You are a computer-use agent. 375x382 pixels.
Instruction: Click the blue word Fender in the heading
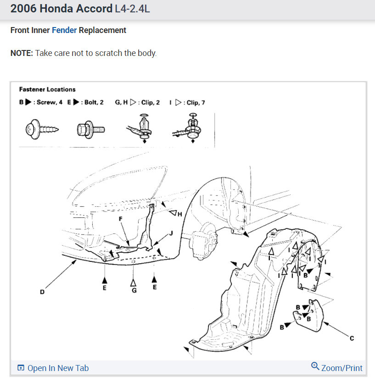(x=64, y=31)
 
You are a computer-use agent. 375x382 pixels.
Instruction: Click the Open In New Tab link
(x=53, y=368)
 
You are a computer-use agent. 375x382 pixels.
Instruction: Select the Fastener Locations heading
(x=47, y=89)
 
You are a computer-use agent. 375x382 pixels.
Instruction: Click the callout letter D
(x=42, y=292)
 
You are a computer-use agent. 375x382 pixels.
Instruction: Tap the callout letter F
(x=121, y=219)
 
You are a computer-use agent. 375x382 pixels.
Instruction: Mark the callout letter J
(x=171, y=233)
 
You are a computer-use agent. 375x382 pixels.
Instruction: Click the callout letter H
(x=180, y=214)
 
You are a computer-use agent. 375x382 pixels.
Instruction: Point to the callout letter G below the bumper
(x=134, y=290)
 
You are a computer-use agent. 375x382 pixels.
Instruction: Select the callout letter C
(x=352, y=338)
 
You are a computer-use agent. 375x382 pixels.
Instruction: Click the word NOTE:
(x=22, y=53)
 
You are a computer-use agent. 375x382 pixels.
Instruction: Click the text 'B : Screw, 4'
(x=41, y=103)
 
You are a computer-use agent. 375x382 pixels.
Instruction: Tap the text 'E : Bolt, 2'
(x=85, y=103)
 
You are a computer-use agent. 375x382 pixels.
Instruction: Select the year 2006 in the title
(x=22, y=9)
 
